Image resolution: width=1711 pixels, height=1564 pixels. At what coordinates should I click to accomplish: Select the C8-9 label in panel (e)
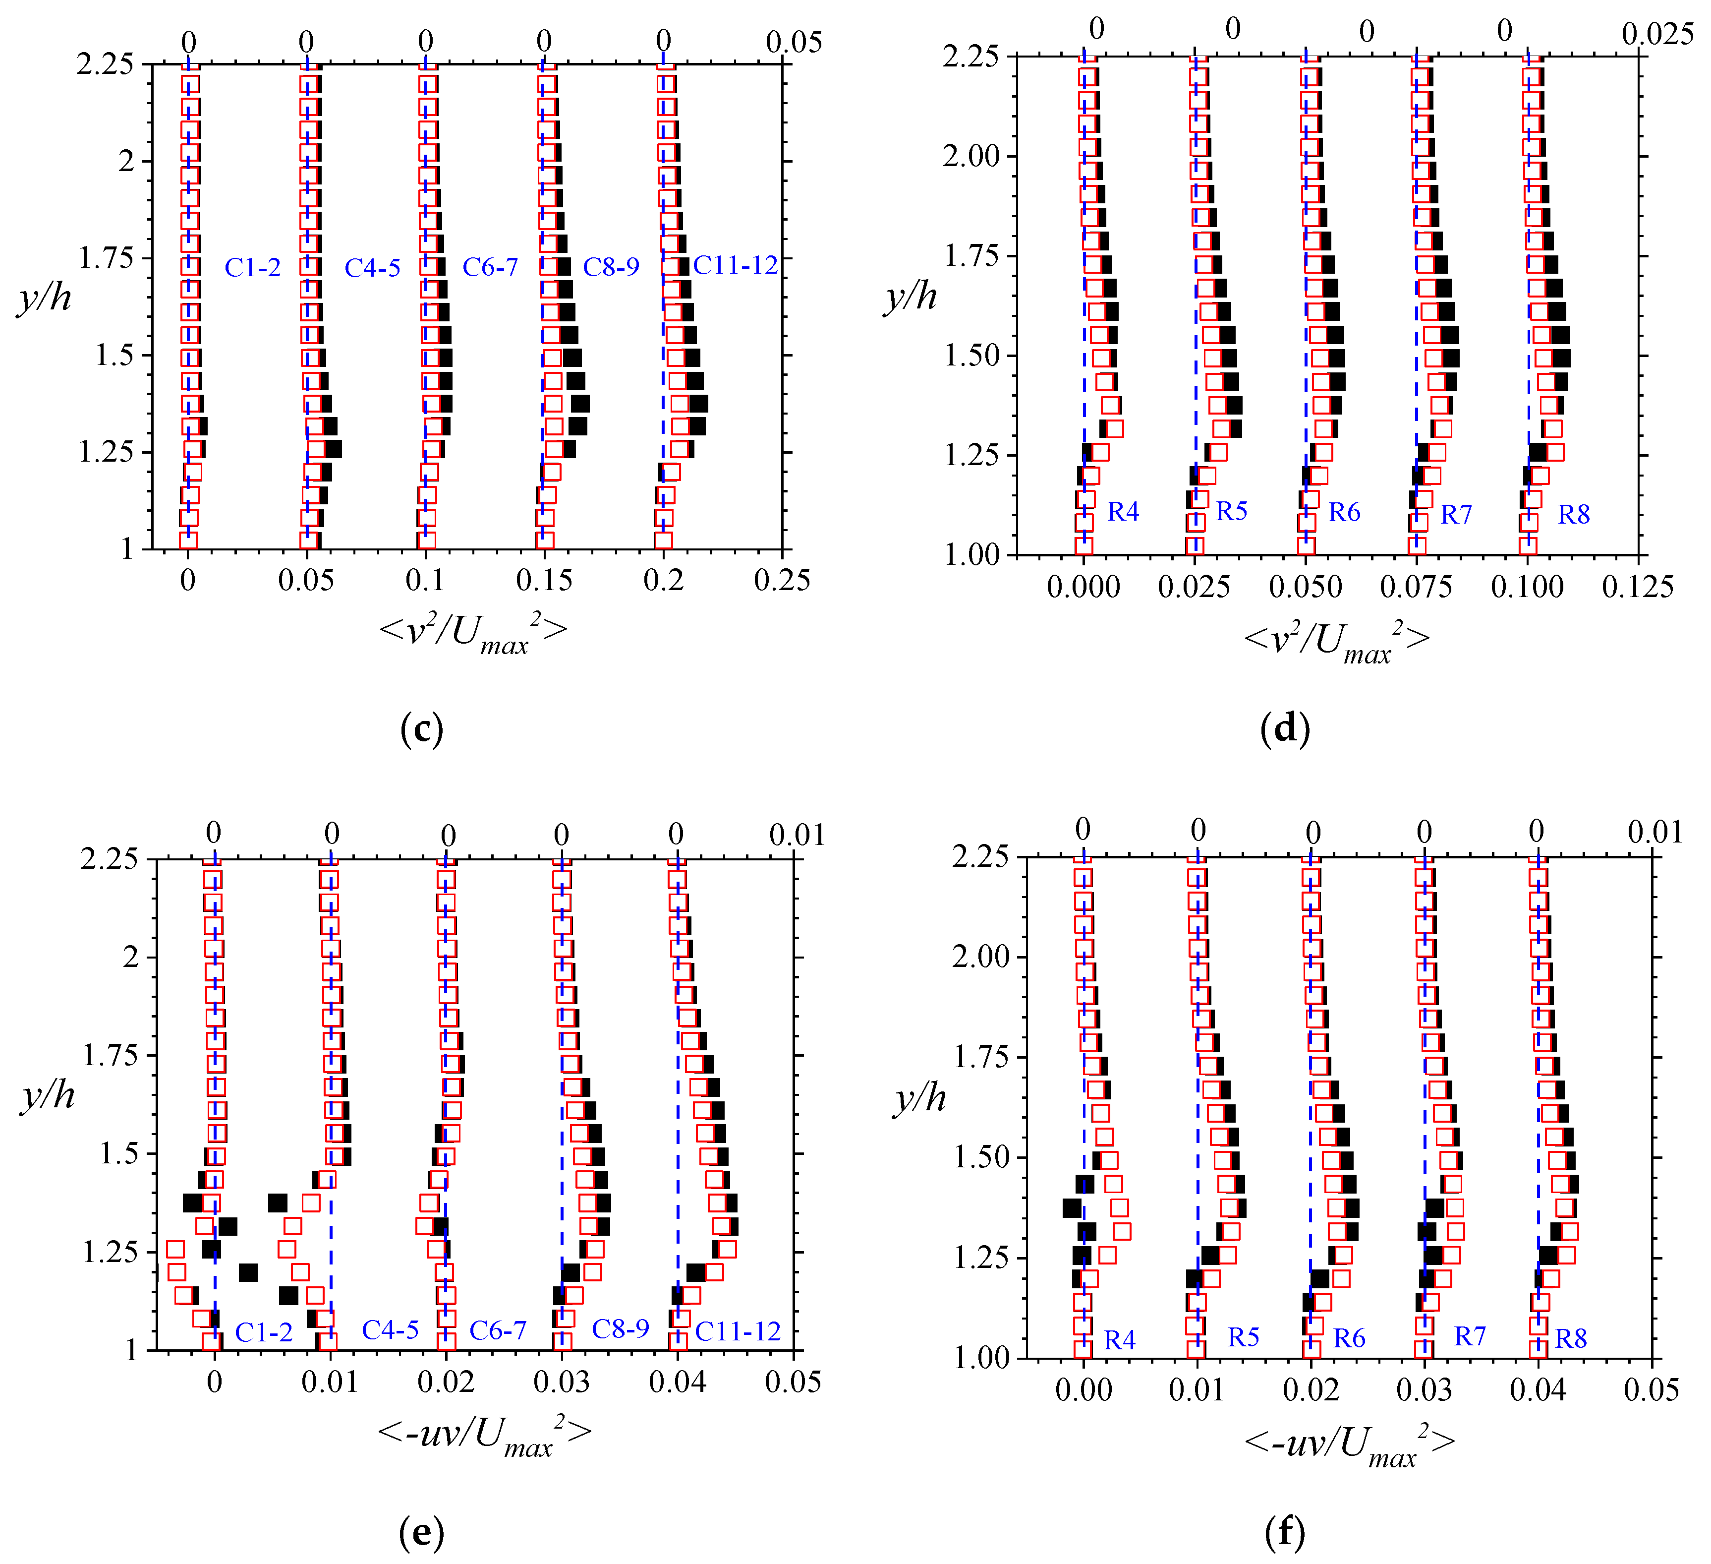(620, 1329)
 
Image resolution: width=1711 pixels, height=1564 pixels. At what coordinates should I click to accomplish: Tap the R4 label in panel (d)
(1122, 511)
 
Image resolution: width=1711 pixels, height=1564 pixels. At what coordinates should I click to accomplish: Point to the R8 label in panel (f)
(1570, 1339)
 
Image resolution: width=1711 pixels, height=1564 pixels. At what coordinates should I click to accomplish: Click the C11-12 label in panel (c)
(735, 266)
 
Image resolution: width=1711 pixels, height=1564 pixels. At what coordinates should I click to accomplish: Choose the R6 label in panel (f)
(1349, 1339)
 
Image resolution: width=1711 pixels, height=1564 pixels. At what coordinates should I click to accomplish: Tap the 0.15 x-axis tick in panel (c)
(544, 580)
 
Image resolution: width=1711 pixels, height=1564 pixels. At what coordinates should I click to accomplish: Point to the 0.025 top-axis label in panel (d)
(1656, 34)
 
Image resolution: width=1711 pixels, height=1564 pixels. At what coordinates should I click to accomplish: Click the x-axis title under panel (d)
(1337, 641)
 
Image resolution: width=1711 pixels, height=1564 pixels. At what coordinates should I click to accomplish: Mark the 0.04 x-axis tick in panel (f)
(1537, 1390)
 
